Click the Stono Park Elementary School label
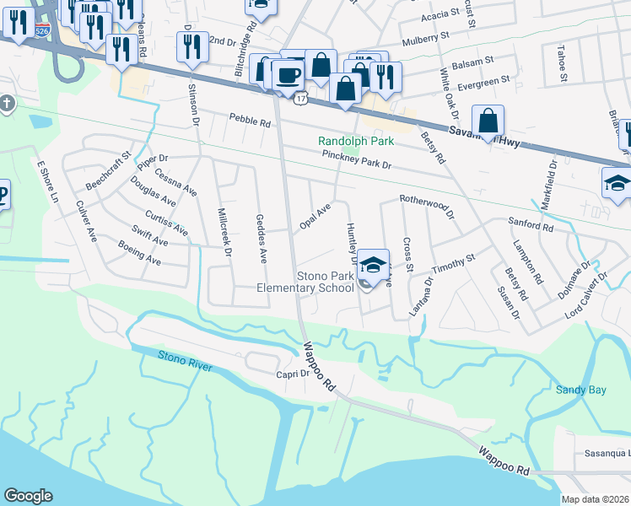click(x=305, y=282)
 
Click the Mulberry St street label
click(x=426, y=39)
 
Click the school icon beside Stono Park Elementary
click(x=371, y=265)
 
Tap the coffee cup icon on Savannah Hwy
click(x=289, y=74)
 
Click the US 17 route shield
click(x=300, y=99)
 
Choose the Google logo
click(x=29, y=496)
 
